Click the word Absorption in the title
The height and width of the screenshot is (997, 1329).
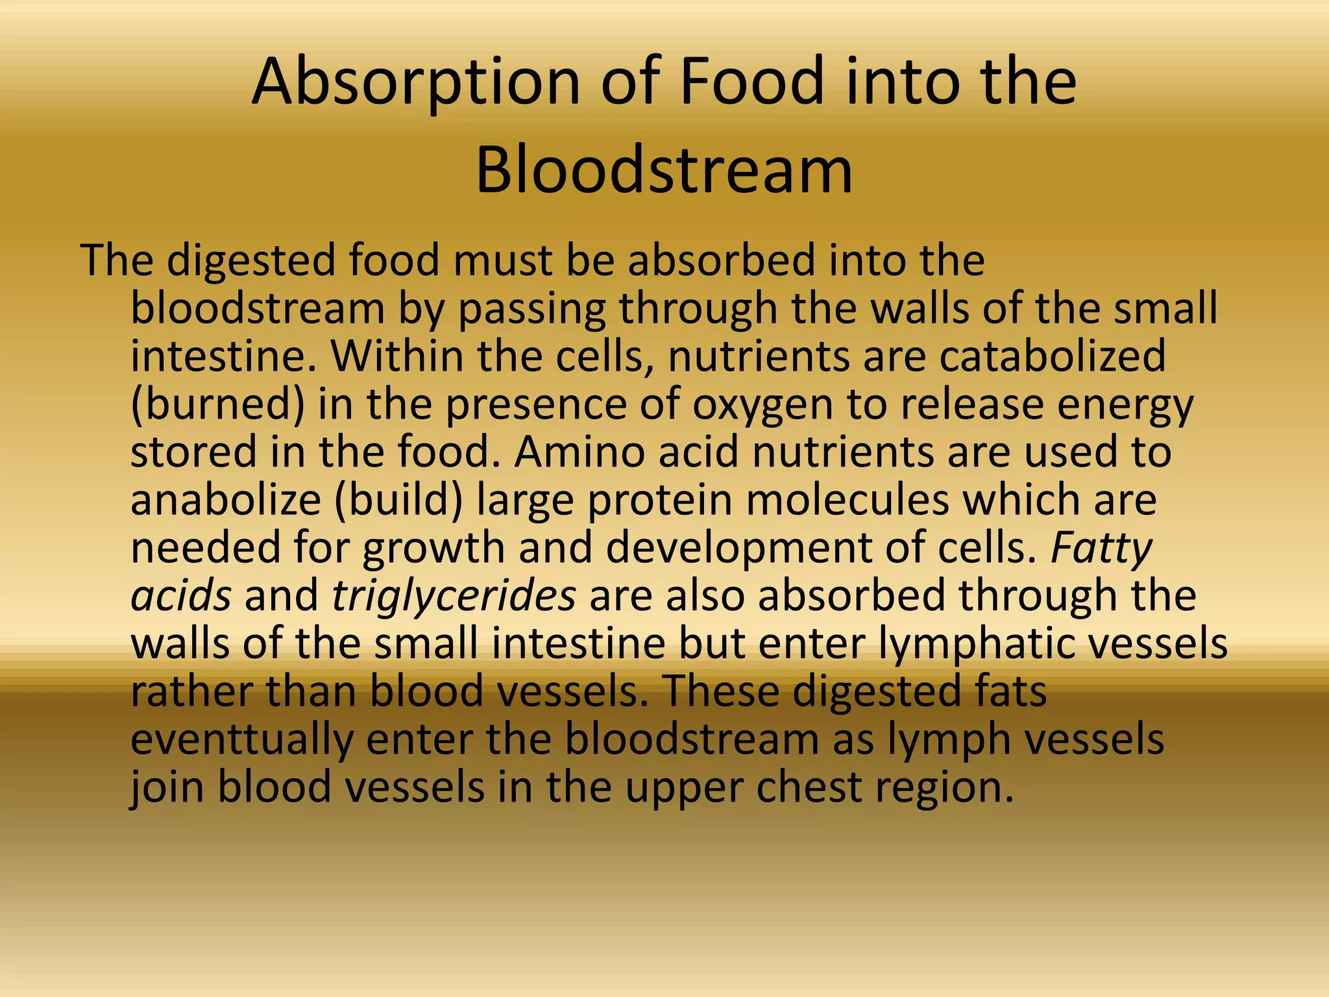[415, 83]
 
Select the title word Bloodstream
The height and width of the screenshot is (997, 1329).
[664, 171]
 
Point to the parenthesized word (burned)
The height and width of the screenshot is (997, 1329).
[217, 404]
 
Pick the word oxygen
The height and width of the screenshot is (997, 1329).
[762, 406]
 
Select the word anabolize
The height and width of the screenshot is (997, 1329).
[226, 500]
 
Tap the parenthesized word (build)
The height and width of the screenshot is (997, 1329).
[398, 500]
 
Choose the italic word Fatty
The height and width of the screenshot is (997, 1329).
[1101, 549]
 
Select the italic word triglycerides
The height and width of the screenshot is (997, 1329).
[454, 596]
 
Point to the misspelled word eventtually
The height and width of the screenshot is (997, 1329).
[241, 740]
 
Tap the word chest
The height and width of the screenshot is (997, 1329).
[809, 787]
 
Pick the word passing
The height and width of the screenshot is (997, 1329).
[531, 310]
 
